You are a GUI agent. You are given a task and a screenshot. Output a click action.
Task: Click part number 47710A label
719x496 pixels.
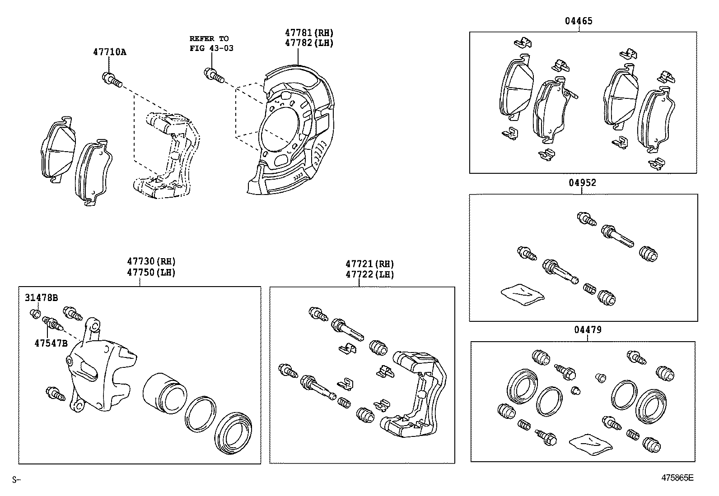point(110,52)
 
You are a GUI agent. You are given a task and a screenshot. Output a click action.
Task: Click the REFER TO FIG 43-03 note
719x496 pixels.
point(211,43)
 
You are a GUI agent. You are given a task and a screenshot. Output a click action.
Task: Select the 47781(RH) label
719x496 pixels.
point(309,33)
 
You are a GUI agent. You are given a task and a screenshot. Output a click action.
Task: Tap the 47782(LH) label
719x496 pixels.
point(309,43)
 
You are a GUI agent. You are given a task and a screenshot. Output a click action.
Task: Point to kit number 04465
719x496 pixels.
point(579,21)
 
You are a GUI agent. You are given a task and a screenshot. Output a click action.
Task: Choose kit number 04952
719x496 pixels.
point(582,183)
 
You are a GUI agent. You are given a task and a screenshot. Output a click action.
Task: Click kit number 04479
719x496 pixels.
point(588,330)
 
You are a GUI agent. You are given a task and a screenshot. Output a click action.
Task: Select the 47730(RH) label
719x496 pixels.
point(151,261)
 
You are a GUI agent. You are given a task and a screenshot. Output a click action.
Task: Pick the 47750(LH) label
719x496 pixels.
point(151,272)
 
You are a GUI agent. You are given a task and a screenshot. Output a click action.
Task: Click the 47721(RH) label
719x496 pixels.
point(369,264)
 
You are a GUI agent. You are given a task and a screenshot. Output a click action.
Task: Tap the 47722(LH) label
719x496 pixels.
point(369,274)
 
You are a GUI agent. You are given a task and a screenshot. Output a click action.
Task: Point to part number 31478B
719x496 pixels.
point(41,297)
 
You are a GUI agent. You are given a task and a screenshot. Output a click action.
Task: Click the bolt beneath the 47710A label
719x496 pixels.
point(112,80)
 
